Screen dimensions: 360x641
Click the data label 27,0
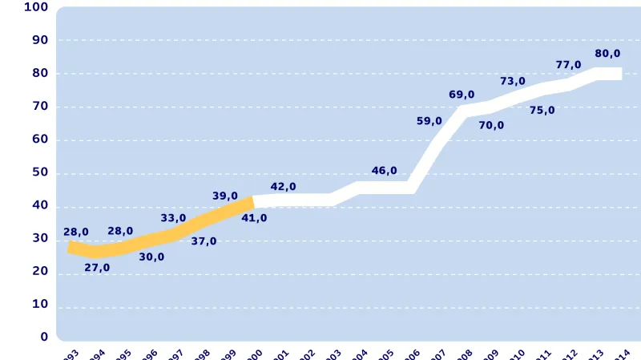click(x=97, y=268)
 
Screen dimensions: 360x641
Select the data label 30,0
click(x=151, y=257)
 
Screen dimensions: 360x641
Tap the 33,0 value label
click(x=173, y=218)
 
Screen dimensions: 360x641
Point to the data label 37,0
click(x=204, y=241)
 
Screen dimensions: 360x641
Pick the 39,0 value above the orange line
click(x=225, y=196)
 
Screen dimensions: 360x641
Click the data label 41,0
click(x=254, y=218)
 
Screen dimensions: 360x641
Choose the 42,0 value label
click(x=283, y=187)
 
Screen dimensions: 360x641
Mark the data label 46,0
click(x=385, y=171)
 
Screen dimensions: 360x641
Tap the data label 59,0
click(x=429, y=121)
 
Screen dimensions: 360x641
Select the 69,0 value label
click(x=462, y=95)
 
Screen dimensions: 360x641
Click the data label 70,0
click(x=491, y=125)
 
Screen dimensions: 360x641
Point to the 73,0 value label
click(x=513, y=81)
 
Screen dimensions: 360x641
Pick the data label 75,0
click(x=542, y=111)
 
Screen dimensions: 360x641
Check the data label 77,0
click(x=568, y=65)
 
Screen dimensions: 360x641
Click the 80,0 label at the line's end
click(x=607, y=54)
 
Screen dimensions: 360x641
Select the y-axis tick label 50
click(x=40, y=172)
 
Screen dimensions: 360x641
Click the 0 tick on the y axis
click(x=44, y=338)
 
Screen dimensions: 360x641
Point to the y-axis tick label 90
click(x=40, y=40)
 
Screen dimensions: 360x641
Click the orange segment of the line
click(x=160, y=237)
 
